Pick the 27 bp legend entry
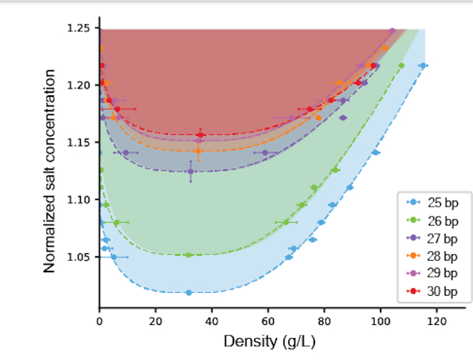[x=432, y=237]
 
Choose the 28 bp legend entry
[x=432, y=256]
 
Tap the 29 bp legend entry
[x=432, y=273]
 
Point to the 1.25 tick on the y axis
[x=79, y=28]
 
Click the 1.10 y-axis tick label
[x=79, y=200]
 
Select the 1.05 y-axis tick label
[x=79, y=257]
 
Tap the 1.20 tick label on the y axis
[x=79, y=85]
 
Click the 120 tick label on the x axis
[x=436, y=322]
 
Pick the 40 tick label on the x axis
[x=212, y=322]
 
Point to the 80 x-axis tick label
[x=324, y=322]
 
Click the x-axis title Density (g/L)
[x=265, y=341]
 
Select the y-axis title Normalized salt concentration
[x=50, y=171]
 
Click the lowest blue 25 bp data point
[x=188, y=292]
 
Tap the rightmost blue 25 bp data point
[x=423, y=66]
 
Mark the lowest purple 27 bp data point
[x=191, y=171]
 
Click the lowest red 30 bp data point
[x=200, y=134]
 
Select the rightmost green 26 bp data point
[x=401, y=66]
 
